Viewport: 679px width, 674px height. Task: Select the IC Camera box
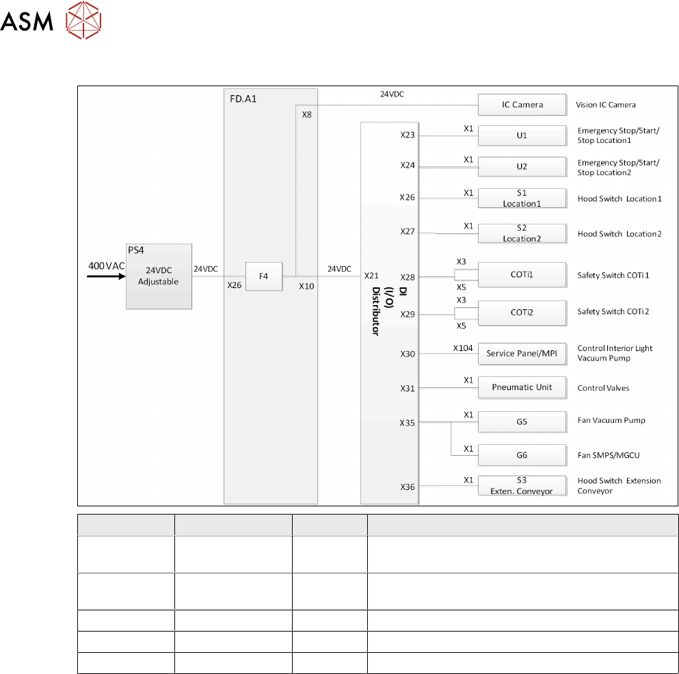(x=522, y=105)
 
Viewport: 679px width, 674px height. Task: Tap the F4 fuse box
(x=263, y=276)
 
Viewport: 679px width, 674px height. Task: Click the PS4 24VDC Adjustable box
(x=159, y=276)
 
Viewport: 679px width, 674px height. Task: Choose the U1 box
(x=522, y=135)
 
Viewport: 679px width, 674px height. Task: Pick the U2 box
(x=522, y=167)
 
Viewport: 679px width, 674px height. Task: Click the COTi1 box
(x=522, y=275)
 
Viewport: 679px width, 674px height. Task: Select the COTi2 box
(x=522, y=312)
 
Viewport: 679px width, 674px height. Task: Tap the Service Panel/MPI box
(x=522, y=354)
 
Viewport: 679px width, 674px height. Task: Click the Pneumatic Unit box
(x=522, y=387)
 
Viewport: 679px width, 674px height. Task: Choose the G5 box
(x=522, y=422)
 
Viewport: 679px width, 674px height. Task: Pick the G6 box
(x=522, y=455)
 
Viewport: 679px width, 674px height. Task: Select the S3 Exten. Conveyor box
(x=522, y=486)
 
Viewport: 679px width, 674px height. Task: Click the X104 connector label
(x=463, y=348)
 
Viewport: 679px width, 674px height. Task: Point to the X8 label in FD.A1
(x=307, y=115)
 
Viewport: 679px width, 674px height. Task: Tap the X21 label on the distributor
(x=372, y=276)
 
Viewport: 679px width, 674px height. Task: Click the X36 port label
(x=408, y=487)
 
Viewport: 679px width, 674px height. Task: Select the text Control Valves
(x=603, y=388)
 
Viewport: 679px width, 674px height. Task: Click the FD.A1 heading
(x=244, y=98)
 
